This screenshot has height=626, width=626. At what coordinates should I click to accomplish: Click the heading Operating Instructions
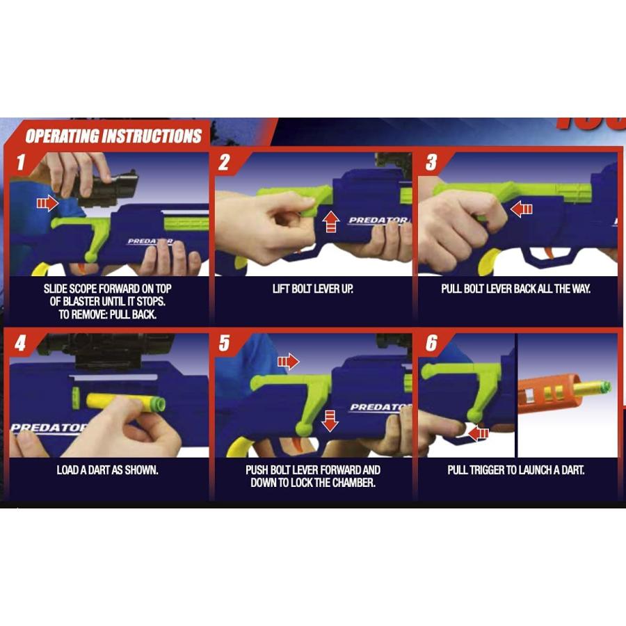pos(113,136)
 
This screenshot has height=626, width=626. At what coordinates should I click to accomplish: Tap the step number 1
pos(21,162)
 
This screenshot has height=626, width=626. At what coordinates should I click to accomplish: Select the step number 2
pos(225,162)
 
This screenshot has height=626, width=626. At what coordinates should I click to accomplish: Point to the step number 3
pos(431,162)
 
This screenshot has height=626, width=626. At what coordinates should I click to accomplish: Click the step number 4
pos(20,343)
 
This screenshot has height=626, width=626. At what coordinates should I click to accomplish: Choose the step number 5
pos(225,343)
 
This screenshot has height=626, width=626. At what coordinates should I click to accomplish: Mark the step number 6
pos(431,343)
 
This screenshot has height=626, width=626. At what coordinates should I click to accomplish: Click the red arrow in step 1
pos(47,203)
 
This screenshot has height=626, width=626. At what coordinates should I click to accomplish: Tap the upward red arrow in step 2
pos(330,222)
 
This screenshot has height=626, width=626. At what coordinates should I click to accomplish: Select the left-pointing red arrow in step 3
pos(522,209)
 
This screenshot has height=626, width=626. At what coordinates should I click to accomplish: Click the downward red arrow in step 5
pos(330,421)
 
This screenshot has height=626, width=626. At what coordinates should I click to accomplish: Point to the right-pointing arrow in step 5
pos(288,362)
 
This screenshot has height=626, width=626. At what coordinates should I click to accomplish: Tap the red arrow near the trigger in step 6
pos(478,433)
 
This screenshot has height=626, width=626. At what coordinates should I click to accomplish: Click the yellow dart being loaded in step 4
pos(126,403)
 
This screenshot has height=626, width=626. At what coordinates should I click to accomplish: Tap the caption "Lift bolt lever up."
pos(313,289)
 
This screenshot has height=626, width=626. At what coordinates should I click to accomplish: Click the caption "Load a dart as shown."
pos(107,470)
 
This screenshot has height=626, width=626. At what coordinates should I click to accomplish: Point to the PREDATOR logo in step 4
pos(49,428)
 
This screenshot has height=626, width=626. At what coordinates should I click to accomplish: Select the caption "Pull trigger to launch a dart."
pos(516,470)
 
